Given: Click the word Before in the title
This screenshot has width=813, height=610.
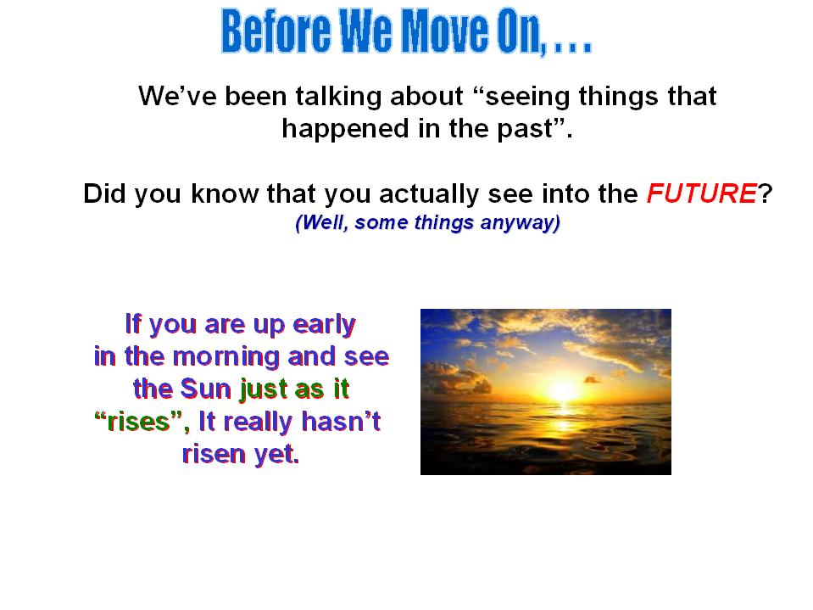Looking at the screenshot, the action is click(276, 31).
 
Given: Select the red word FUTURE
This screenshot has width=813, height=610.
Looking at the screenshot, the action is click(702, 193).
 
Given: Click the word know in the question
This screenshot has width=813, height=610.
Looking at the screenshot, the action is click(225, 193).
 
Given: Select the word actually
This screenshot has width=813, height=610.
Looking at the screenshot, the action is click(428, 194).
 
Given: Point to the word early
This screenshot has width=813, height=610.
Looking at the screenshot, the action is click(324, 325).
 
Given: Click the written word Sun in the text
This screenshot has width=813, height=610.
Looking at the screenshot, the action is click(205, 389).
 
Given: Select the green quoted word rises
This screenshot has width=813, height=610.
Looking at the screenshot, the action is click(138, 422).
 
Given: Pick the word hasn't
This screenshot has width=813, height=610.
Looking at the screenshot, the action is click(341, 421).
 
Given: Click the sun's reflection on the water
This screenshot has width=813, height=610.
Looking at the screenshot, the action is click(563, 425).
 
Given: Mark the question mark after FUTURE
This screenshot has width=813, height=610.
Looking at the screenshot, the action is click(766, 193).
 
